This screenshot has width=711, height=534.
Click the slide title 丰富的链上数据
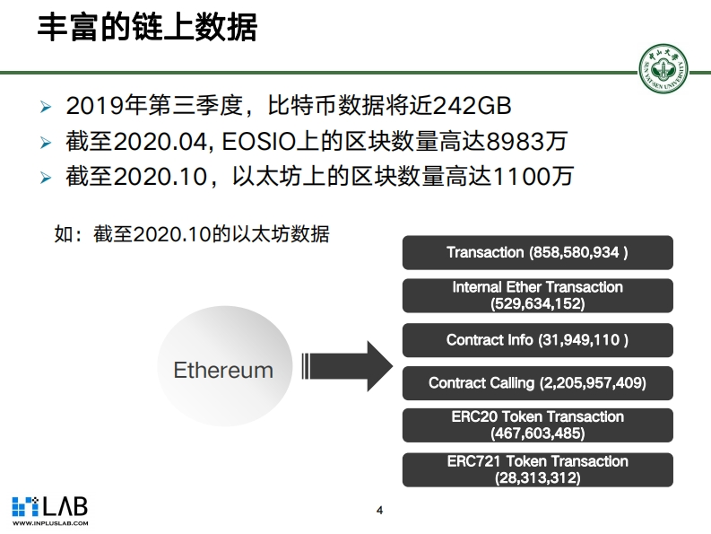click(x=147, y=29)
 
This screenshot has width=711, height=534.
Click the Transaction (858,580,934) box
click(x=537, y=252)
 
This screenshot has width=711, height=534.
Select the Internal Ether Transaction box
click(x=537, y=295)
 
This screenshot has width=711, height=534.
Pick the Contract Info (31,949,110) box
click(x=537, y=340)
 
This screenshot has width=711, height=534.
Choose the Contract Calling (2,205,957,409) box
click(x=537, y=383)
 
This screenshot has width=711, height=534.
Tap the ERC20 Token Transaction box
click(x=537, y=425)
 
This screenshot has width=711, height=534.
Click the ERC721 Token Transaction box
click(x=537, y=469)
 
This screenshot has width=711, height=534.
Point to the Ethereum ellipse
click(x=222, y=370)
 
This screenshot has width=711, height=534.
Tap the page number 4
click(x=379, y=511)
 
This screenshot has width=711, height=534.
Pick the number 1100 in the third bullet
click(x=507, y=176)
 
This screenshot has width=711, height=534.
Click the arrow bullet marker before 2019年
click(x=47, y=108)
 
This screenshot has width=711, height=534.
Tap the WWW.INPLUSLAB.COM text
click(x=49, y=523)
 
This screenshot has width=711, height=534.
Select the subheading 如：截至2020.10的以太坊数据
click(x=192, y=234)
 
